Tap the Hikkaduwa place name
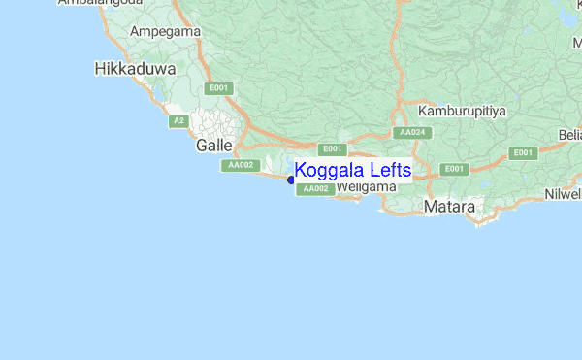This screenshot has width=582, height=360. tap(135, 69)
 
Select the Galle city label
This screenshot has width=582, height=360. tap(213, 145)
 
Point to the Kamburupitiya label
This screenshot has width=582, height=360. tap(463, 112)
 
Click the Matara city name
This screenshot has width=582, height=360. tap(449, 207)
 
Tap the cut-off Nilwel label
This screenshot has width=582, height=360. tap(563, 193)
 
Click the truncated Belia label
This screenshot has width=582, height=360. tap(569, 134)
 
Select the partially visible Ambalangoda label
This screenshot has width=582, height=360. tap(96, 4)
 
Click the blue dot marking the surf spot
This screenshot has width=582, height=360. tap(291, 179)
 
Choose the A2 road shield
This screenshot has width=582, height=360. tap(178, 121)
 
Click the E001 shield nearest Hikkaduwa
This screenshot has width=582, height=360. tap(218, 88)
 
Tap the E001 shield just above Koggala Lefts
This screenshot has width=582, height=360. tap(333, 148)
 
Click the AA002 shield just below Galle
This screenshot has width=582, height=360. tap(240, 165)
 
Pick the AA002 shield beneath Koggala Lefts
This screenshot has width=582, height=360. tap(315, 188)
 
